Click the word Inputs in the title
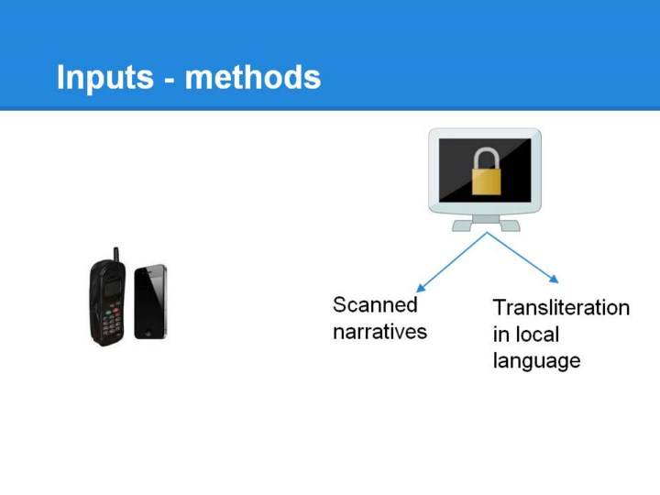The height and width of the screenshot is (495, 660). (x=105, y=78)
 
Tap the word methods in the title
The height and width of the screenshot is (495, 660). (x=253, y=77)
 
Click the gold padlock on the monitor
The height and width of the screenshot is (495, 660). (x=486, y=170)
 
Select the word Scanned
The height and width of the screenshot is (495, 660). (x=375, y=304)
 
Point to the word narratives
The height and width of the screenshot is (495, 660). (x=379, y=332)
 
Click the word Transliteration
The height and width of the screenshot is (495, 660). (x=561, y=308)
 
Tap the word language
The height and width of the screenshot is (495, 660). (x=536, y=361)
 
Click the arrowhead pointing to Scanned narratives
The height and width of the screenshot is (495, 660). (x=420, y=288)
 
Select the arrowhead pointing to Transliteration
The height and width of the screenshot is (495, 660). (x=555, y=279)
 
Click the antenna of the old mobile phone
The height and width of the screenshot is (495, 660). (x=116, y=254)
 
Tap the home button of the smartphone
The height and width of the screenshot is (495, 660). (x=148, y=334)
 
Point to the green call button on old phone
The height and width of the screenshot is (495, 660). (x=108, y=313)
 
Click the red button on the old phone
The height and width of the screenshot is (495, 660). (x=115, y=310)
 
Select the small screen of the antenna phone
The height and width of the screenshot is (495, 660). (x=111, y=290)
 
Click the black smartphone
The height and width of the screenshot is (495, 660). (x=150, y=302)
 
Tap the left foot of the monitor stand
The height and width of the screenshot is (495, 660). (x=462, y=226)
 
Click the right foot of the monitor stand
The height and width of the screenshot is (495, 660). (x=511, y=226)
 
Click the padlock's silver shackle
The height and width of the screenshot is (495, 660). (x=486, y=159)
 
